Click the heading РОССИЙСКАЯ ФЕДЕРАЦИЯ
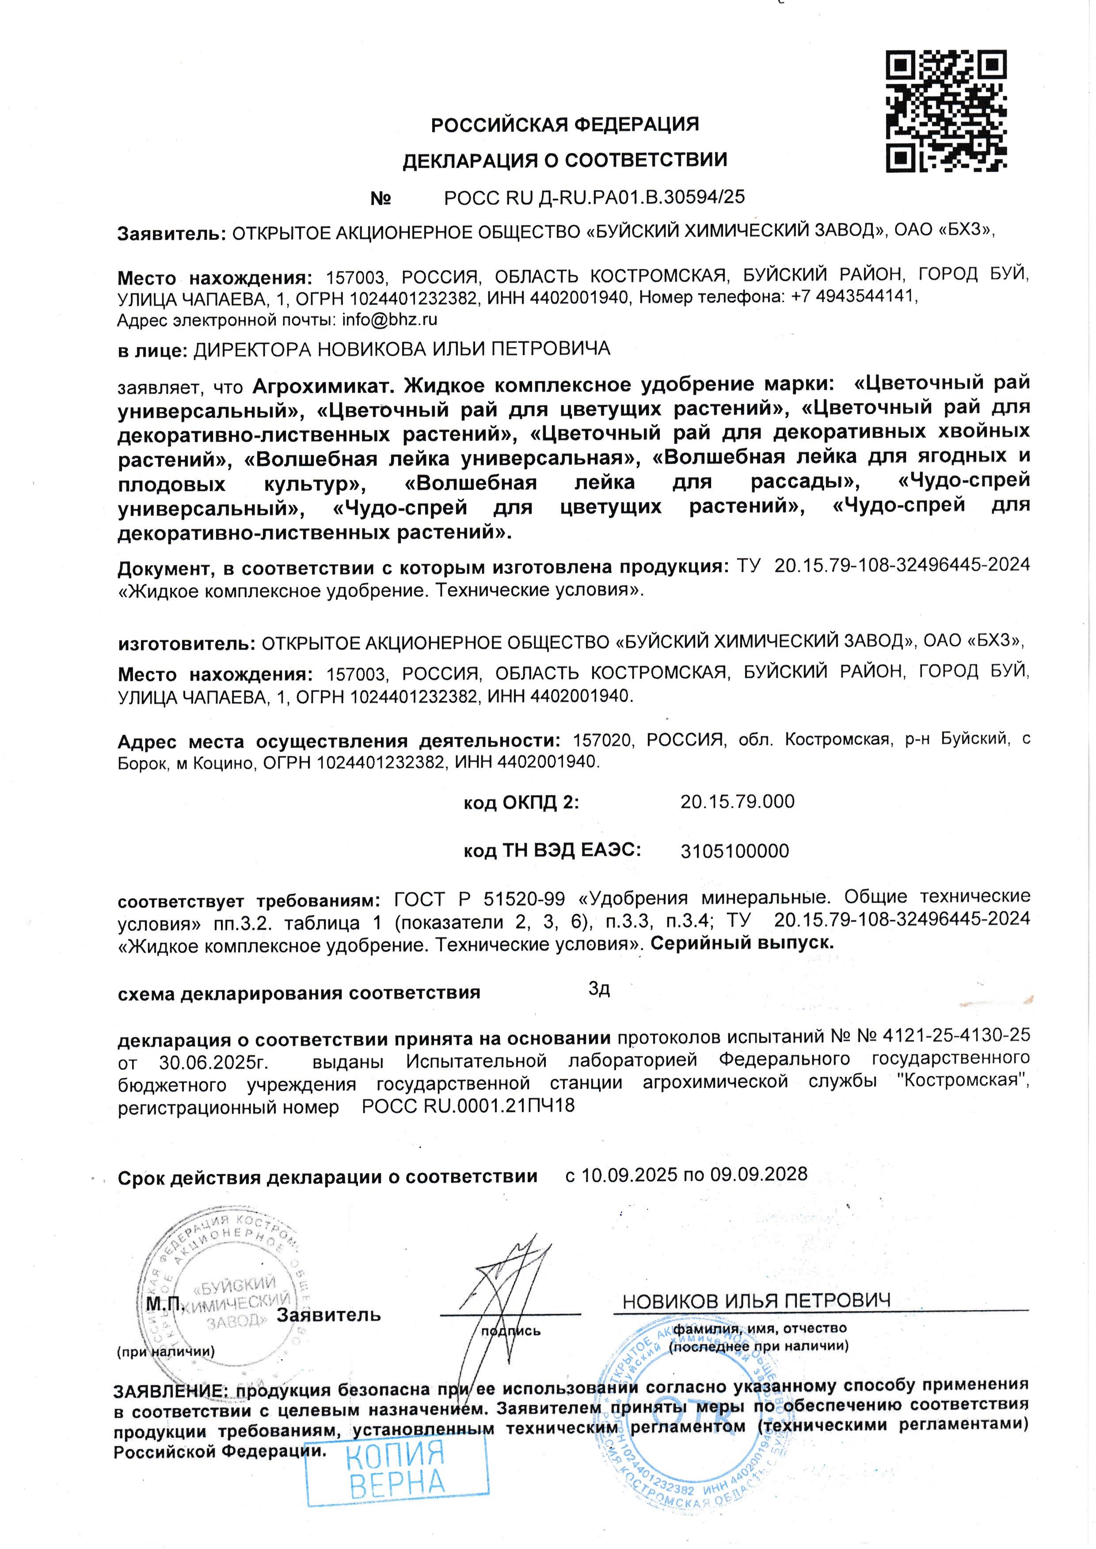(565, 125)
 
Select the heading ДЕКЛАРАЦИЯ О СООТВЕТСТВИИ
(565, 161)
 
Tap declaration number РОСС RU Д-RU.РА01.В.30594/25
(594, 197)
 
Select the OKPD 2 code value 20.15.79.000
(737, 802)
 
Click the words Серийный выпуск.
(742, 943)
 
